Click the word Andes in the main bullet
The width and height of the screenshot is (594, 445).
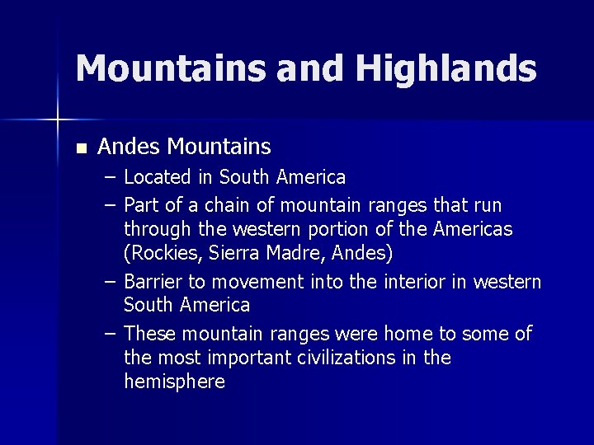point(130,147)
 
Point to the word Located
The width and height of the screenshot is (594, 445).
point(155,177)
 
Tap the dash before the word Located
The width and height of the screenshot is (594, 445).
point(111,177)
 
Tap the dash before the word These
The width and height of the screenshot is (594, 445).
point(111,334)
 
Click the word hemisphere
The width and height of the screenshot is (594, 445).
point(174,382)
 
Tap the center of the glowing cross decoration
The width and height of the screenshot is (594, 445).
point(58,120)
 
